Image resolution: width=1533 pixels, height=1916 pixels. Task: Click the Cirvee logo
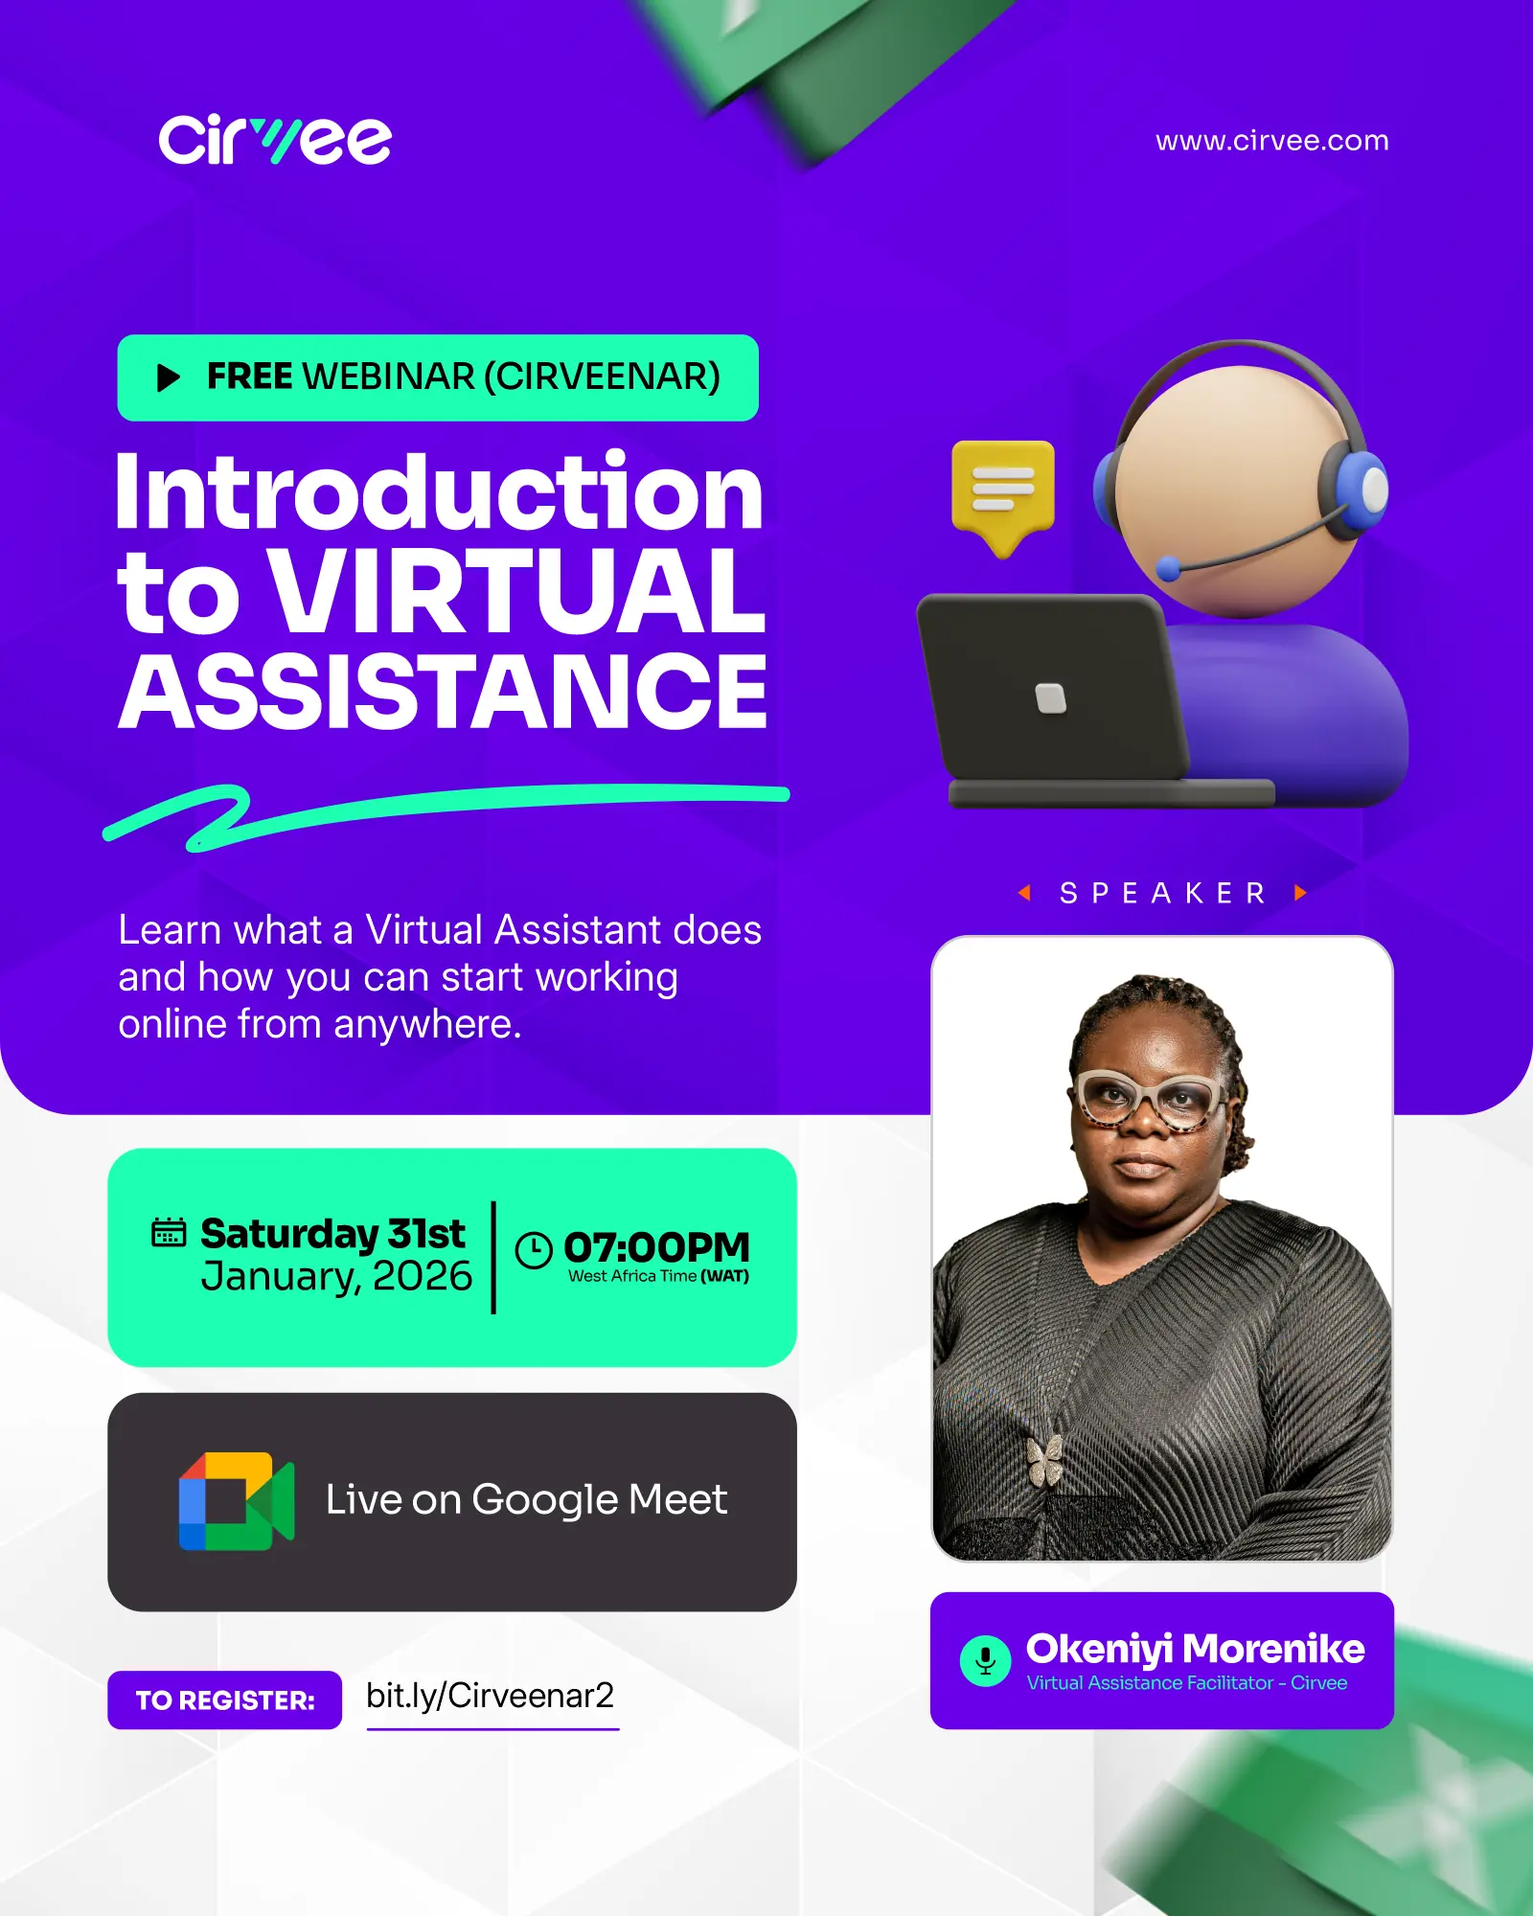275,140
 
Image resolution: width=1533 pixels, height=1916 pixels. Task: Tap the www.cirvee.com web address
1271,141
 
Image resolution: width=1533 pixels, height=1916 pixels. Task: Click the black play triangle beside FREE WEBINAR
169,377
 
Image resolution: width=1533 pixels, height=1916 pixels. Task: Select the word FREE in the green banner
250,376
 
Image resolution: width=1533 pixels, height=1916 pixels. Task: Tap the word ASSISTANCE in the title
443,691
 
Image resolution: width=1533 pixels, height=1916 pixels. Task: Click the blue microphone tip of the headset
1169,569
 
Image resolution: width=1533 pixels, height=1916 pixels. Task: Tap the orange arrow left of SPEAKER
1024,893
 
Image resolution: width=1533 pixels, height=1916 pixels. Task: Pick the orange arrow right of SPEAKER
1300,893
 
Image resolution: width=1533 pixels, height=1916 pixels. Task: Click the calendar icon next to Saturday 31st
169,1232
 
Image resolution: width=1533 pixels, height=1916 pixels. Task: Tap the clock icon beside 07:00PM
534,1250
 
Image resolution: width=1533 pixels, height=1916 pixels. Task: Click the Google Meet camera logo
237,1501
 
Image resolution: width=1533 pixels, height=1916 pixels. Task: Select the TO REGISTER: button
224,1700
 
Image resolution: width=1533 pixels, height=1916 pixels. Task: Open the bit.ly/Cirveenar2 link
491,1696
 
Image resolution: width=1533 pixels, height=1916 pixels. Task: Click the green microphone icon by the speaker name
985,1660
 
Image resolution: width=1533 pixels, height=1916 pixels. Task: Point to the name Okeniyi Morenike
1195,1649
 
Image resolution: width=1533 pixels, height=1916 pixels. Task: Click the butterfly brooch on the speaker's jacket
1044,1459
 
